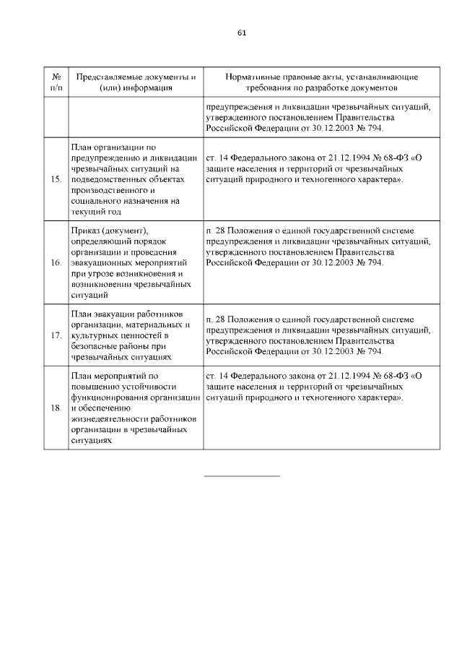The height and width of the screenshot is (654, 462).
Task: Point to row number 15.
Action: [x=56, y=179]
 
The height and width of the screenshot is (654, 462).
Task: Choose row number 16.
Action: [x=56, y=263]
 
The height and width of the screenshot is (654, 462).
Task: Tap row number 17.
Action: [x=56, y=336]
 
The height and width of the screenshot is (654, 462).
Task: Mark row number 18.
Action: [x=56, y=408]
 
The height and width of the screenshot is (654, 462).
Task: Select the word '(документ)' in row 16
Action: [x=124, y=231]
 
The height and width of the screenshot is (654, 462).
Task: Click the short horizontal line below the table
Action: [x=242, y=476]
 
